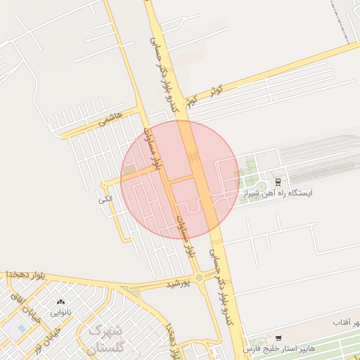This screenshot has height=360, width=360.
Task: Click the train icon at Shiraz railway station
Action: (277, 181)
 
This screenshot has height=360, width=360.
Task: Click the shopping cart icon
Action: (279, 339)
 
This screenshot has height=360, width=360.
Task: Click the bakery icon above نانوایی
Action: (58, 302)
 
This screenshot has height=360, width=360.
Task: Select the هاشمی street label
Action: (111, 117)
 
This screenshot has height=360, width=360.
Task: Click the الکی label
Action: (105, 200)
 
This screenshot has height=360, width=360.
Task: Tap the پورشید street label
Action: (179, 284)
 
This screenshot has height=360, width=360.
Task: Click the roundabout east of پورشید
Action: (200, 278)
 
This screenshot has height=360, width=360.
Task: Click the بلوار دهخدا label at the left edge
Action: (25, 274)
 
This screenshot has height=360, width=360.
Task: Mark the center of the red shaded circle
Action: (180, 179)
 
